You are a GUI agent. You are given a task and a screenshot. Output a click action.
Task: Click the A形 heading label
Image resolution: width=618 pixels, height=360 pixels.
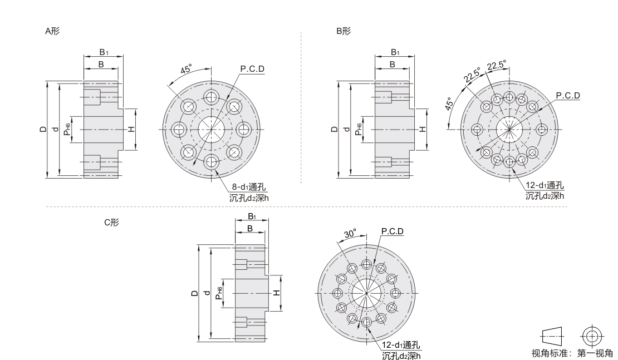point(52,31)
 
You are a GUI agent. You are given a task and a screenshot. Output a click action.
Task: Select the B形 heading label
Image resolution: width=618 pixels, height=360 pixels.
point(344,31)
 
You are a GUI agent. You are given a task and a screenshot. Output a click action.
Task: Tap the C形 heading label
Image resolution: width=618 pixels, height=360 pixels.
point(111,222)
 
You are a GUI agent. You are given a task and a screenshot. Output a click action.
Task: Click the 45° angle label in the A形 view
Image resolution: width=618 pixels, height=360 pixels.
point(186,69)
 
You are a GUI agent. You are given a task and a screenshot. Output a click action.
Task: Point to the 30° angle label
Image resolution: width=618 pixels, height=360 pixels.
point(350,234)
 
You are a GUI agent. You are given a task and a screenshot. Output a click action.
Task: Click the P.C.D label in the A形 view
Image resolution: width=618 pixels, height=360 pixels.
point(252,69)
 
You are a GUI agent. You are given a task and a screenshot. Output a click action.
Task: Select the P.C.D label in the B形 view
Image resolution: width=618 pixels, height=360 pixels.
point(568,95)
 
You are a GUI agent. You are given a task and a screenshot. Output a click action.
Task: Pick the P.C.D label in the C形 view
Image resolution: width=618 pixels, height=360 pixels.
point(392,231)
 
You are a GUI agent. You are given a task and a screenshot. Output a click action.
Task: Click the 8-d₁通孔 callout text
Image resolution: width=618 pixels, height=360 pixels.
point(248,187)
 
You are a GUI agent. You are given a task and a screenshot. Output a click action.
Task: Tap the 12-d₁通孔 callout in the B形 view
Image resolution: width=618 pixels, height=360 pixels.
point(545,185)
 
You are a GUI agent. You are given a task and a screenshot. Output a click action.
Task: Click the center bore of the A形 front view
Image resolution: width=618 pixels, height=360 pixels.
point(211,129)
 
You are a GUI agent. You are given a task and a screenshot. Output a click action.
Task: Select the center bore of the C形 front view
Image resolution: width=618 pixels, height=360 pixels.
point(366,293)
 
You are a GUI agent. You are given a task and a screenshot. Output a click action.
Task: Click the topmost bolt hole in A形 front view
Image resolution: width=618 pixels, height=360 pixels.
point(212,96)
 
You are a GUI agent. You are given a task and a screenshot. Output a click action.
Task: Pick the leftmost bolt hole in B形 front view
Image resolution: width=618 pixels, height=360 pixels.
point(477,129)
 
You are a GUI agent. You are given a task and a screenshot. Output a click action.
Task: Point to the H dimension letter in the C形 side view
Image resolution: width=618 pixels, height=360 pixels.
point(277,293)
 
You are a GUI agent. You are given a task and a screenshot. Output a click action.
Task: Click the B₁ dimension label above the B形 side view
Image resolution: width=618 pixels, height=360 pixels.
point(395,52)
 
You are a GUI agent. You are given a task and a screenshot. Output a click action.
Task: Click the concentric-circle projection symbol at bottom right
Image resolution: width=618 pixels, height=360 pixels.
point(592,337)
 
